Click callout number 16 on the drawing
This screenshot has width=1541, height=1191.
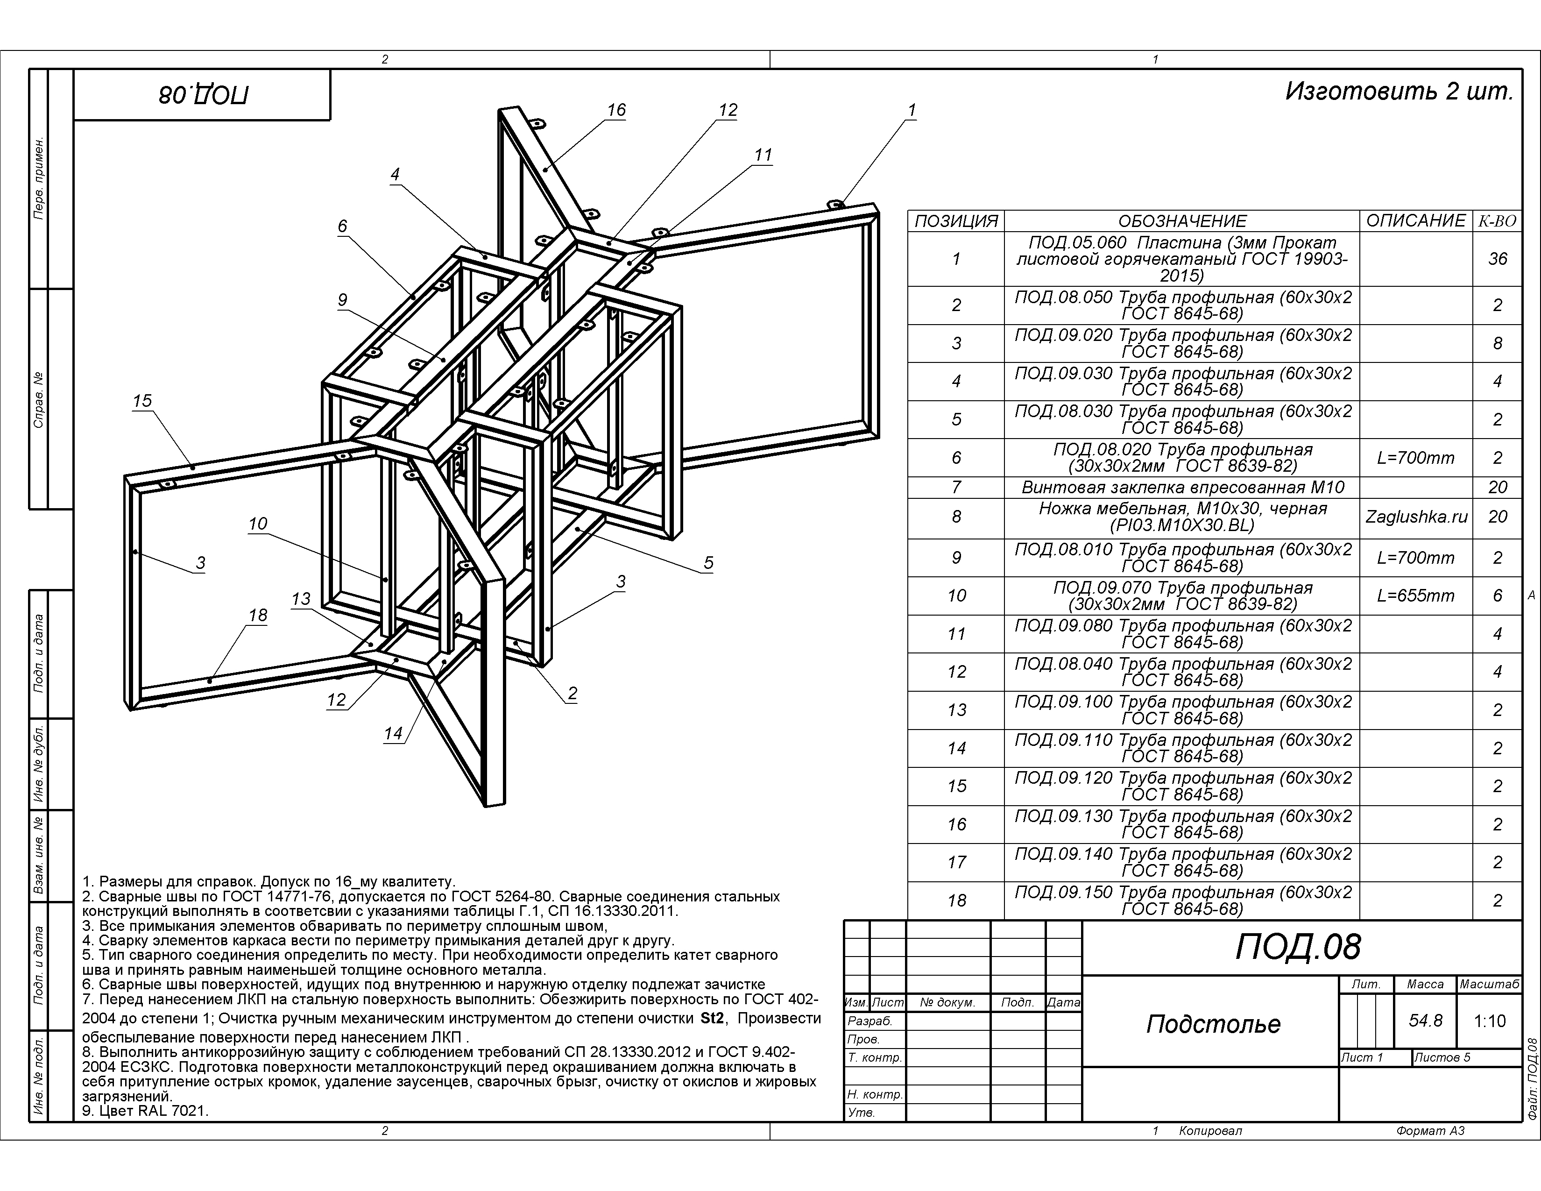(616, 110)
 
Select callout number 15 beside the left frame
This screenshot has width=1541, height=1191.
(142, 401)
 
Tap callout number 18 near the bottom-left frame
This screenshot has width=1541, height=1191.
(258, 615)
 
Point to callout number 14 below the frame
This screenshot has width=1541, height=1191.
(393, 734)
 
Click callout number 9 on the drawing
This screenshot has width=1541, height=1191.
(342, 300)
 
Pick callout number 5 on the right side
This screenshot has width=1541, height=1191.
(708, 563)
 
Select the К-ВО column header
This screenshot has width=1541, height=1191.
(1497, 221)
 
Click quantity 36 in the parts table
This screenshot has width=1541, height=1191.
(1497, 259)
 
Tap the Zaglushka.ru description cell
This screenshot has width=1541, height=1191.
(1416, 517)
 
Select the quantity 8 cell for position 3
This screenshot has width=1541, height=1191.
(1497, 344)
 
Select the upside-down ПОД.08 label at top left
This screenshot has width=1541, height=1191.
(203, 94)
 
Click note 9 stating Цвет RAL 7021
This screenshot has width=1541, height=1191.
(145, 1111)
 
